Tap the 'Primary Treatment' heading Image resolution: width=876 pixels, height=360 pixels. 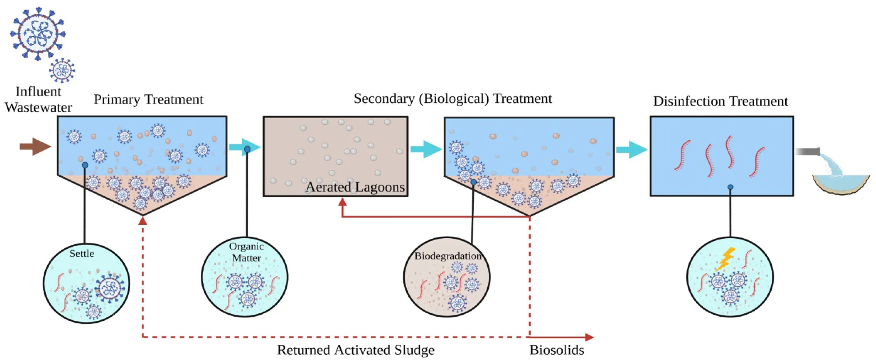[x=148, y=99]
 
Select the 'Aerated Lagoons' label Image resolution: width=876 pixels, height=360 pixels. [x=355, y=187]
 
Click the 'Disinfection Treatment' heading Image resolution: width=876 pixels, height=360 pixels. [x=720, y=101]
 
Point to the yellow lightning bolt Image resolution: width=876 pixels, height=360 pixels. [x=725, y=259]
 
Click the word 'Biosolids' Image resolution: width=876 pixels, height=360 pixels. [x=557, y=350]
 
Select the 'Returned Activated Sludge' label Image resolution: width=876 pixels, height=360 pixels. [x=356, y=350]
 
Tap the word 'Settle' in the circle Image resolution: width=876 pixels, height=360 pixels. [x=82, y=254]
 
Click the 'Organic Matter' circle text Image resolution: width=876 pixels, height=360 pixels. [x=246, y=252]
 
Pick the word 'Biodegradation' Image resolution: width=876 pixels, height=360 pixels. [x=448, y=256]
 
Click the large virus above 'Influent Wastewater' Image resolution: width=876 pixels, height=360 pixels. [x=38, y=33]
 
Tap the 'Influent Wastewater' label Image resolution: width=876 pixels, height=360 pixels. [x=38, y=99]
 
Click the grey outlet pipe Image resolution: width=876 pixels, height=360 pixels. [x=808, y=152]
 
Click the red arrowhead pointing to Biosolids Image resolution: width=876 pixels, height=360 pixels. [x=589, y=337]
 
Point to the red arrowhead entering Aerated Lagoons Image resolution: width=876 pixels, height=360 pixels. [x=342, y=202]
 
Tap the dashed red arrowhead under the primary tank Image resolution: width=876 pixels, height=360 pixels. [x=143, y=221]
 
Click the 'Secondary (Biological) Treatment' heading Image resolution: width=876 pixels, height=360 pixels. [x=453, y=99]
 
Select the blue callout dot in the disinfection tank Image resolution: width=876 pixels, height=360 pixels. [x=730, y=187]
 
